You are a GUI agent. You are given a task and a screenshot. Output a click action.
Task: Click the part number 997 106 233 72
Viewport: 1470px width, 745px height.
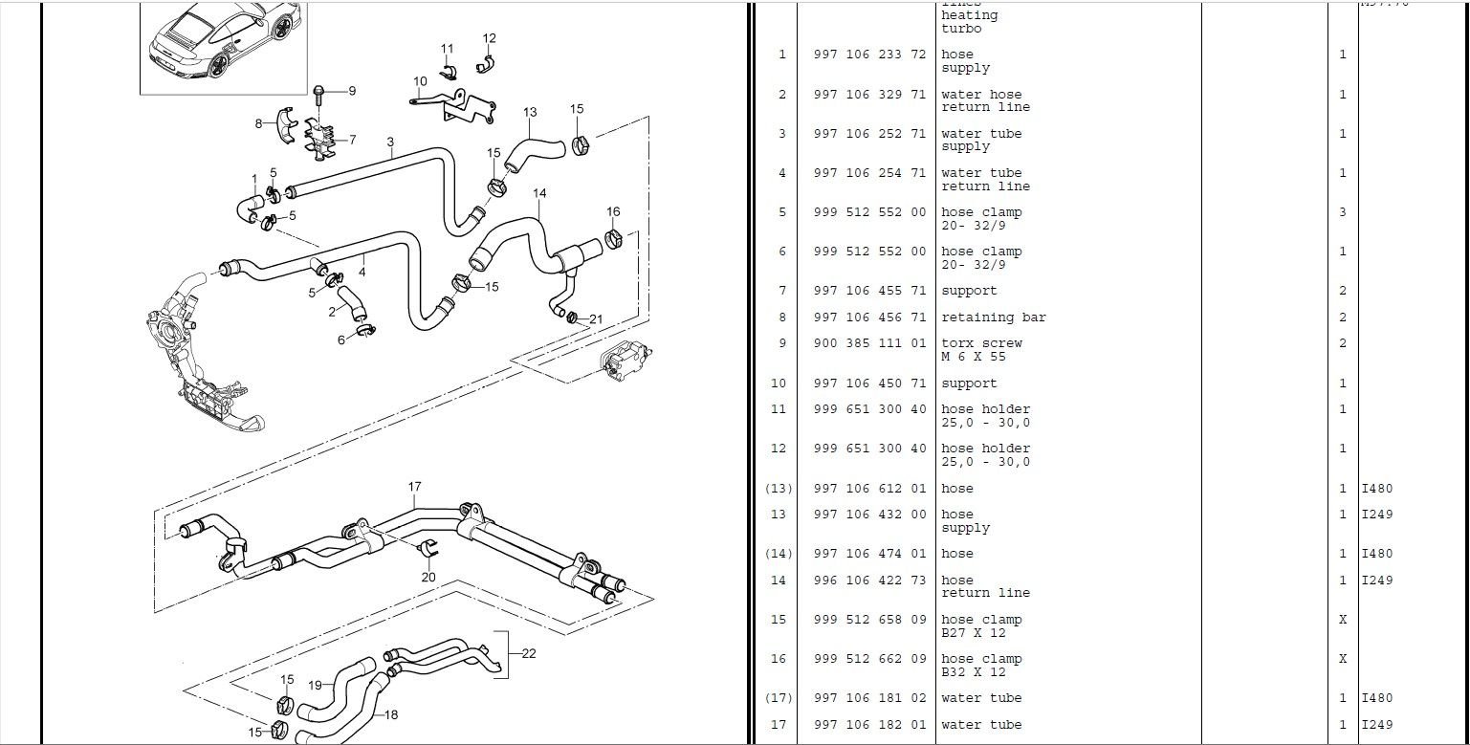869,55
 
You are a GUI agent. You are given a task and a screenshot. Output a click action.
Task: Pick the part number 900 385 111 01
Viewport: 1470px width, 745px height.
869,343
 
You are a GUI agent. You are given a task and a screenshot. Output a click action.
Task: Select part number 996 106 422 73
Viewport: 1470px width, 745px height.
869,581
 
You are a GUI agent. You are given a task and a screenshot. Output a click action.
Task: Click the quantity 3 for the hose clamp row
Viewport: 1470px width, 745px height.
1342,212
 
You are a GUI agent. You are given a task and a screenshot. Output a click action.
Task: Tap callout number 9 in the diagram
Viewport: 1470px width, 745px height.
352,91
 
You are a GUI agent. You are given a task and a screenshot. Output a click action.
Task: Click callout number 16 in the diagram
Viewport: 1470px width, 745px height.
613,211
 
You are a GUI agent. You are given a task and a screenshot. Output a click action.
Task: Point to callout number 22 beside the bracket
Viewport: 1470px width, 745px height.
529,653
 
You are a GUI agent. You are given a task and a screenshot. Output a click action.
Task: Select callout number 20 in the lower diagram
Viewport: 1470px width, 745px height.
428,577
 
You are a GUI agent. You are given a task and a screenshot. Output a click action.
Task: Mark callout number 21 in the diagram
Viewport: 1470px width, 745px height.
596,318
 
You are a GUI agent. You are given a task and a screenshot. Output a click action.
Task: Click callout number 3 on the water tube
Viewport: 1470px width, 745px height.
390,142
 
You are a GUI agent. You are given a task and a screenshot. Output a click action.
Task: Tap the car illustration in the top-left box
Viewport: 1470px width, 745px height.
223,43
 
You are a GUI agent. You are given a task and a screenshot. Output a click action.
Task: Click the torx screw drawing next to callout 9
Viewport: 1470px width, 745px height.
319,94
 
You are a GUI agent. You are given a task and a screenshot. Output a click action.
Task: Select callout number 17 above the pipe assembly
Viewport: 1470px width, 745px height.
414,487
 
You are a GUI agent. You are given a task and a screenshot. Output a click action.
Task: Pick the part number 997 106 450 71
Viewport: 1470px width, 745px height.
869,383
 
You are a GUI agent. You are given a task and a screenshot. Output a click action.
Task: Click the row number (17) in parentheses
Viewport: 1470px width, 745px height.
779,698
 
